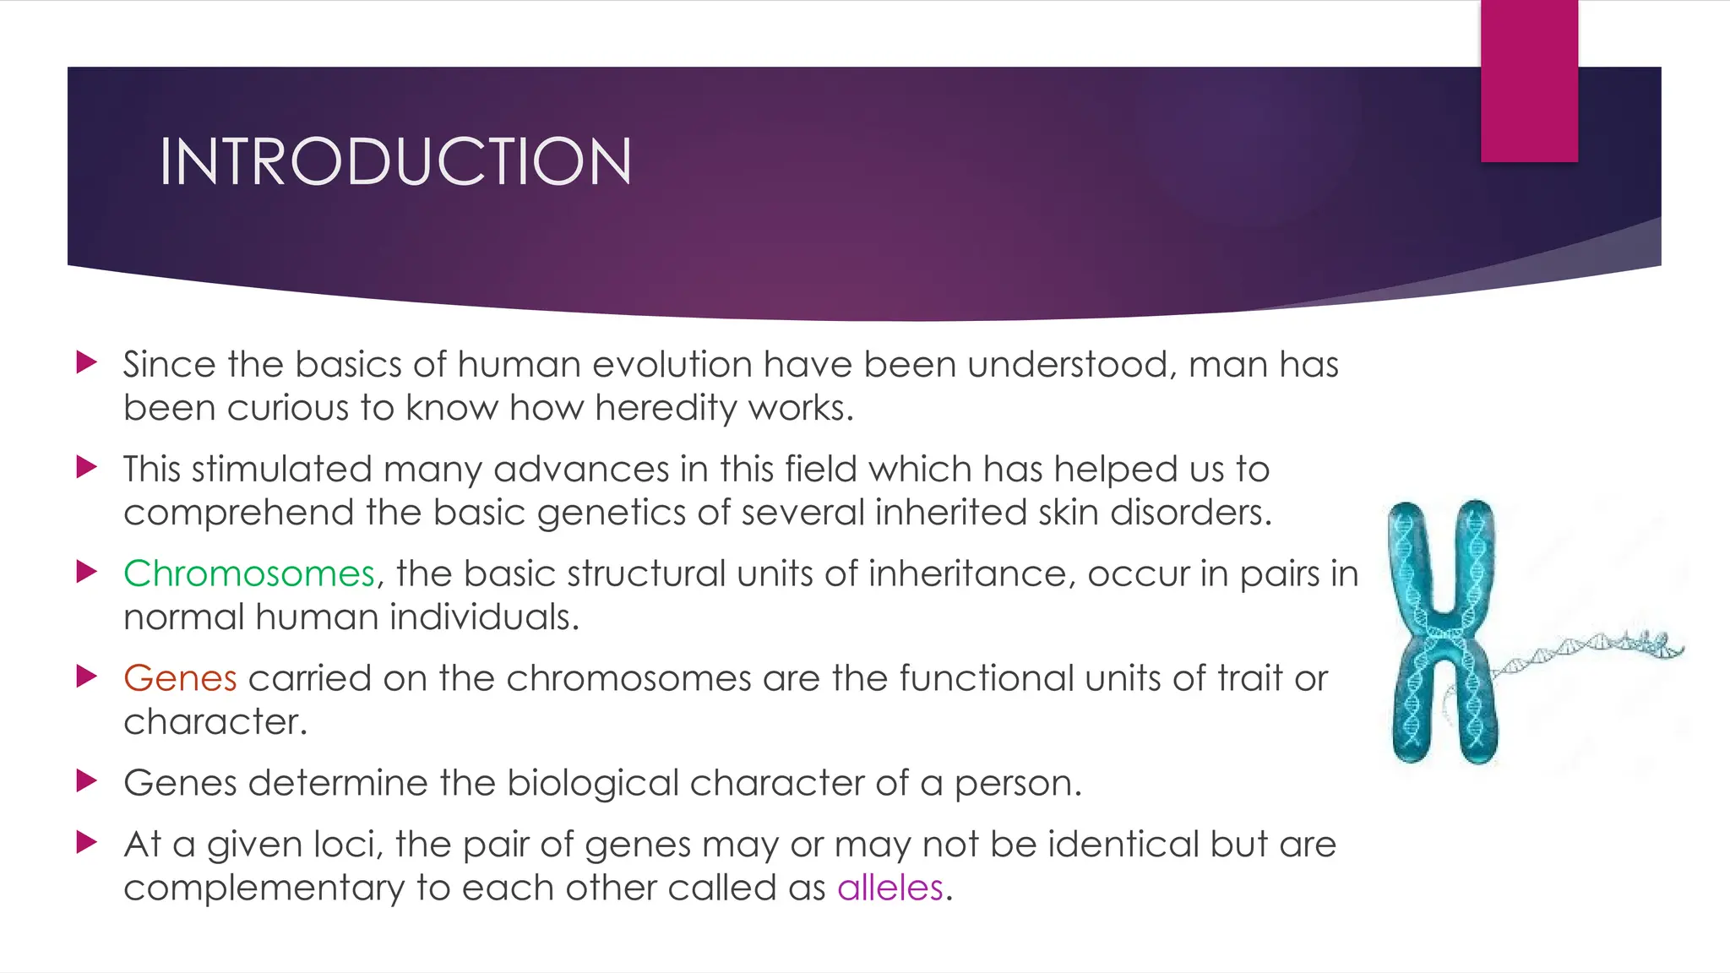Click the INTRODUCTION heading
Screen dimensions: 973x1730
(395, 161)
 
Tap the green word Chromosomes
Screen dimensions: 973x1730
(248, 573)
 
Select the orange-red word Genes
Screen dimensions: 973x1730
(180, 678)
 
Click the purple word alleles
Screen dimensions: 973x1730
(889, 888)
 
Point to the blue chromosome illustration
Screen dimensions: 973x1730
(1443, 632)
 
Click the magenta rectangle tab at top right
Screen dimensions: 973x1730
(1529, 80)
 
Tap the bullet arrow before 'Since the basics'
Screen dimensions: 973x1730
(86, 363)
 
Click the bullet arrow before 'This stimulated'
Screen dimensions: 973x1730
(86, 468)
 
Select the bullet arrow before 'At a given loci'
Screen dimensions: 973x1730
(86, 842)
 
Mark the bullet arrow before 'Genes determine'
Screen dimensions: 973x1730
(86, 781)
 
